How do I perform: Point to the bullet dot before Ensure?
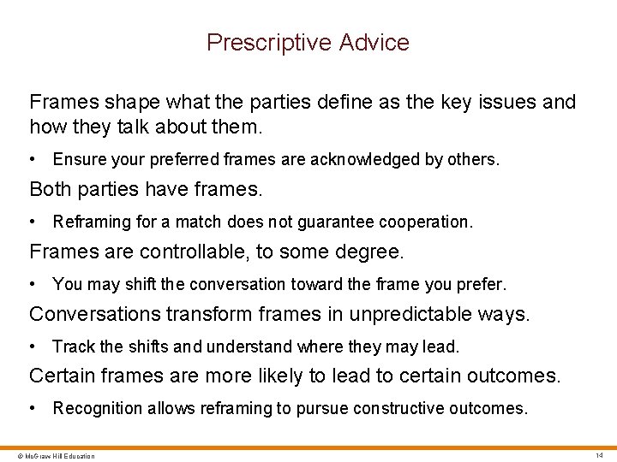[x=32, y=160]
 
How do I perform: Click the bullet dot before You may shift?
[x=32, y=284]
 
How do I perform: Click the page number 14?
[x=600, y=455]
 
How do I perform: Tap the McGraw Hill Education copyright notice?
[x=50, y=456]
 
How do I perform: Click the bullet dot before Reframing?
[x=32, y=222]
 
